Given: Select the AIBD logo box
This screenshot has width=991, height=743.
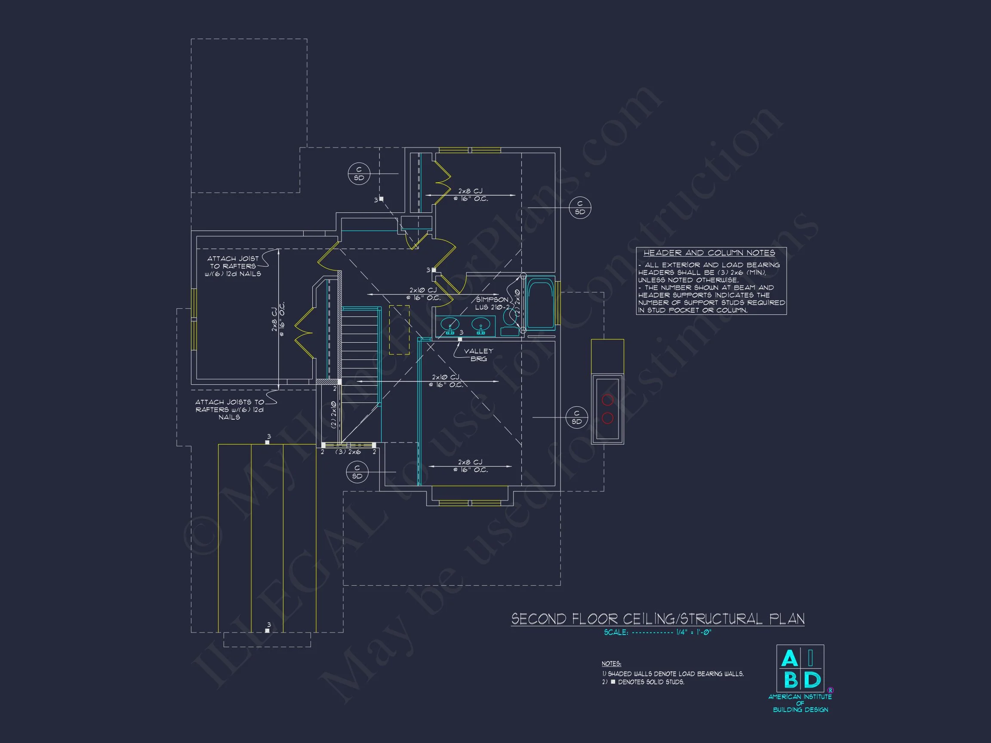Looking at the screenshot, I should (x=800, y=668).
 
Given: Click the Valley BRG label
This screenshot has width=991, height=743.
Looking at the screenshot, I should (x=478, y=355).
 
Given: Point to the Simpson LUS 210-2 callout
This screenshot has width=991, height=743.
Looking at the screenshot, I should (x=492, y=303).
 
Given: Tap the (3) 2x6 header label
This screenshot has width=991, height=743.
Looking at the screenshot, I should (x=348, y=452).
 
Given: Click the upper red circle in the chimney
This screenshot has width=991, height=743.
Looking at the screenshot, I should (x=607, y=399).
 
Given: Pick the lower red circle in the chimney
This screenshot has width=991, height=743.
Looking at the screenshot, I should (x=607, y=418).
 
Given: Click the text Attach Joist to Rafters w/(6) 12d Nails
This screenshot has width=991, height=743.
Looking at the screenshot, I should (x=233, y=266).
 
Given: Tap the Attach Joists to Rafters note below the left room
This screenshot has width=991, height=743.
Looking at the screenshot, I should (x=229, y=409).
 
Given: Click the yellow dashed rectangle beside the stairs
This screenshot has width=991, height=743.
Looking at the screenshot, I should (x=399, y=330).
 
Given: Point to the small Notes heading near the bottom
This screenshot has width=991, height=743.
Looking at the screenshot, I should (x=611, y=663).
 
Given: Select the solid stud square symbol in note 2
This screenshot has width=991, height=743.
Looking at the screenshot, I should (x=613, y=682).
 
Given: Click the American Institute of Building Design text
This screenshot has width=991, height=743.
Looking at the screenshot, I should (x=800, y=703).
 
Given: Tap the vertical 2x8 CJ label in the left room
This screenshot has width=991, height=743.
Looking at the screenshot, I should (x=277, y=319).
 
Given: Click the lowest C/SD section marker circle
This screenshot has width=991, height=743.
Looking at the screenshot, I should (x=357, y=472).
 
